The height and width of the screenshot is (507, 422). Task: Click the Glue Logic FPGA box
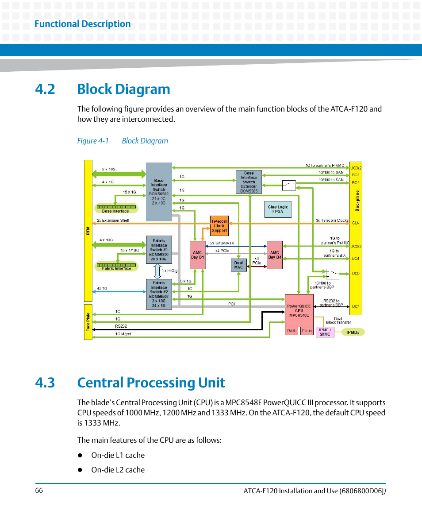click(x=278, y=209)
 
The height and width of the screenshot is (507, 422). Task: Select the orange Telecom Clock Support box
click(x=219, y=226)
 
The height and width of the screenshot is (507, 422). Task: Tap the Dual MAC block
click(x=239, y=265)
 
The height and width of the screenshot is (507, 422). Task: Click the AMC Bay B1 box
click(x=197, y=255)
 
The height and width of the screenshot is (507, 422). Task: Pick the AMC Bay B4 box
click(x=275, y=255)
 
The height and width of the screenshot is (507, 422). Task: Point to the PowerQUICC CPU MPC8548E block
click(x=299, y=310)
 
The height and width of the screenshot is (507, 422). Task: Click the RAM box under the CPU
click(x=292, y=331)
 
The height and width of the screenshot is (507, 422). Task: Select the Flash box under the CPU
click(x=307, y=331)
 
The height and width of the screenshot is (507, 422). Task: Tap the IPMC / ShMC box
click(x=325, y=332)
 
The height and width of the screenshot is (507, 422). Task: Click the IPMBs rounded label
click(x=353, y=332)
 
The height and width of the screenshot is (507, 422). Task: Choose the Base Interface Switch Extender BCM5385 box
click(x=249, y=182)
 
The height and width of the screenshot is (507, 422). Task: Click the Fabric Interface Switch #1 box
click(x=159, y=250)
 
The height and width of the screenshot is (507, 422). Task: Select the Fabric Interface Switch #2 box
click(x=159, y=294)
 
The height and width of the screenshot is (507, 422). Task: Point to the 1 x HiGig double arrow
click(x=157, y=271)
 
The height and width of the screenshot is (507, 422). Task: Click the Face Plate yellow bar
click(x=88, y=322)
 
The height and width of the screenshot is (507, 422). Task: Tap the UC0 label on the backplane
click(x=356, y=274)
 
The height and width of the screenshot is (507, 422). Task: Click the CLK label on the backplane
click(x=356, y=223)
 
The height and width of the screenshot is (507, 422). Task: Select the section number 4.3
click(x=45, y=383)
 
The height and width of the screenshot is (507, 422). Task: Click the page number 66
click(x=39, y=491)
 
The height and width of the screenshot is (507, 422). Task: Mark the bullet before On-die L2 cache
click(x=80, y=470)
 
